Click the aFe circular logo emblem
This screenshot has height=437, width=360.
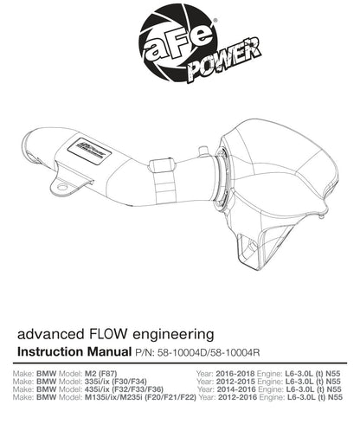pos(177,42)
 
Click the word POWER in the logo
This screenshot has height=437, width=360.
pos(225,60)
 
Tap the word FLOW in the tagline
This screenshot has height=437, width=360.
pos(106,334)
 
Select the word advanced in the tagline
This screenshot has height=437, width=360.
pos(50,334)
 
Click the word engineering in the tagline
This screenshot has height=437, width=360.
pos(173,335)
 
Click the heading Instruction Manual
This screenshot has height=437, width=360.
pos(74,352)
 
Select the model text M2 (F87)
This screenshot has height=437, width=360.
pos(100,373)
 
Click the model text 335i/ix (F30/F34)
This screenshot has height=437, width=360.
pos(116,381)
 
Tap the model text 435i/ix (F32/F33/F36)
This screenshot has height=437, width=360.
pos(124,389)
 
